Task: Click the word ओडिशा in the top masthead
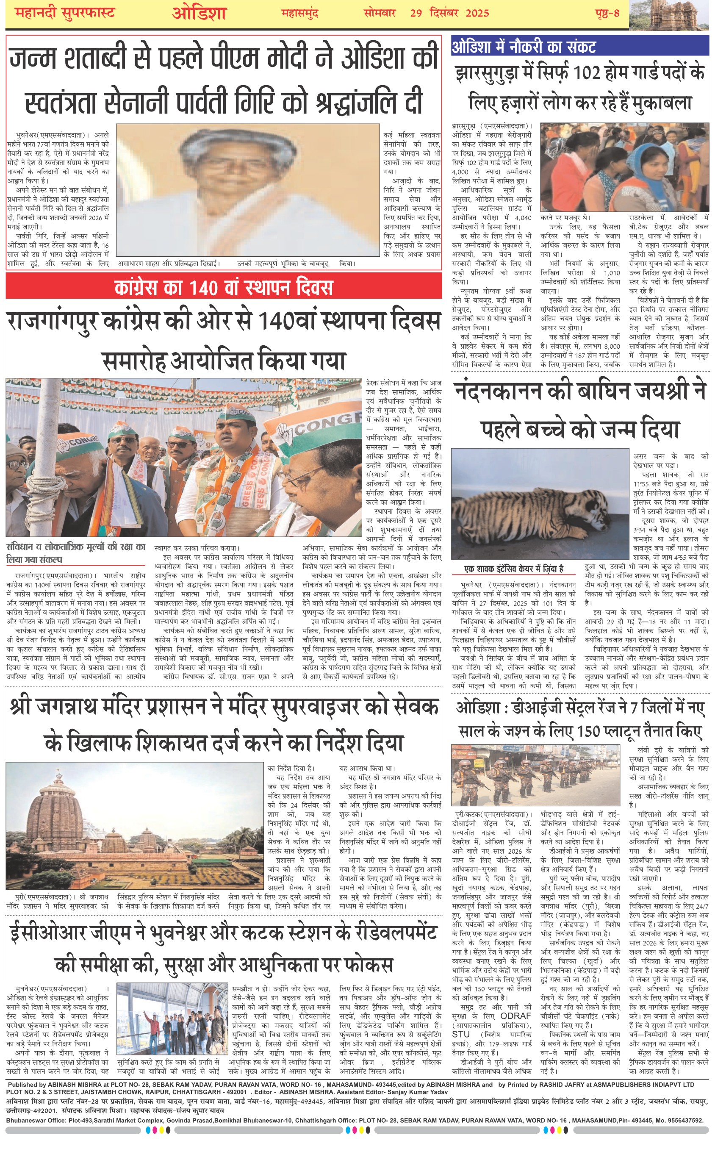[199, 13]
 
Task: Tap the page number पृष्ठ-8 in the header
[607, 13]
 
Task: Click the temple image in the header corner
[671, 14]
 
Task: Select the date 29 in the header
[416, 13]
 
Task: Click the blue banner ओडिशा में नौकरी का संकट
[524, 47]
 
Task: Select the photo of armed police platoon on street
[535, 775]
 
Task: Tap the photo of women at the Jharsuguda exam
[624, 167]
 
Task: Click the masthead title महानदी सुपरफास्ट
[65, 13]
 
